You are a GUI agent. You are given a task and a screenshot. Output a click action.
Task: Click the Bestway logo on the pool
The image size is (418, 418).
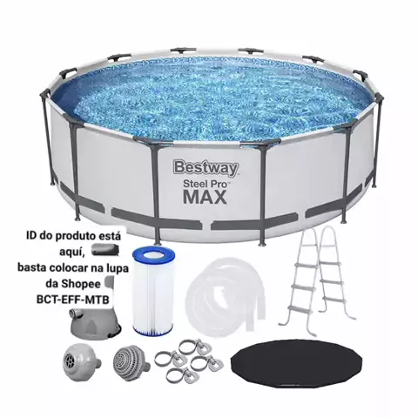coord(206,168)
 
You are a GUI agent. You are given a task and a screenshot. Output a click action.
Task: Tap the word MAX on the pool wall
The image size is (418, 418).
coord(205,197)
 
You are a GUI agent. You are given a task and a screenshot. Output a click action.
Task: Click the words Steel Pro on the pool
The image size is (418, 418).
coord(206,184)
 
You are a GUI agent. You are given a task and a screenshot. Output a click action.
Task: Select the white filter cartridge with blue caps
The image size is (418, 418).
coord(153,291)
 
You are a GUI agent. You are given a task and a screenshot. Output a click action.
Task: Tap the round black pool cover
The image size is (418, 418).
coord(296,364)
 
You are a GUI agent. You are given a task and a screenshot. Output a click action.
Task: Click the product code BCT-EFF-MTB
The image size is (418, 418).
coord(73,300)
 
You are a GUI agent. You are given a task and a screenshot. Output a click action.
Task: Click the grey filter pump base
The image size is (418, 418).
coord(95,323)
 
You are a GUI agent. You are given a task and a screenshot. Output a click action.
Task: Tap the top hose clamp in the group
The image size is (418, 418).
coord(195,347)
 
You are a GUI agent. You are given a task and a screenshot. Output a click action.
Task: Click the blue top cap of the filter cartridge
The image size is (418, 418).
coord(153,253)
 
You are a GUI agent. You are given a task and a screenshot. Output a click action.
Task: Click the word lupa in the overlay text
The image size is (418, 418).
coord(118,268)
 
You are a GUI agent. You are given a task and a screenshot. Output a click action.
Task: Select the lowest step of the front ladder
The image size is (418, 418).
coord(300,309)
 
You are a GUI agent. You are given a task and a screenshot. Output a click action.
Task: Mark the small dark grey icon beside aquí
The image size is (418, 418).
coord(105,250)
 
